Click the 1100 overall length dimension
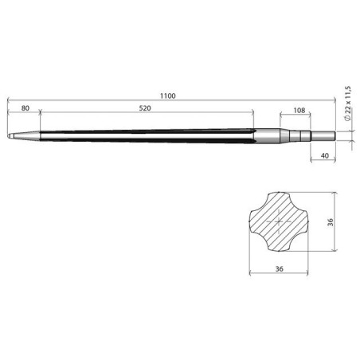[x=167, y=96]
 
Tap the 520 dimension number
[x=146, y=107]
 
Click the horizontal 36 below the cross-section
[x=280, y=268]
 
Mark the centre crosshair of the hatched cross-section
[x=280, y=225]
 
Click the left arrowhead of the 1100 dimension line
[x=8, y=101]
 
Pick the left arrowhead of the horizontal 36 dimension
[x=252, y=275]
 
